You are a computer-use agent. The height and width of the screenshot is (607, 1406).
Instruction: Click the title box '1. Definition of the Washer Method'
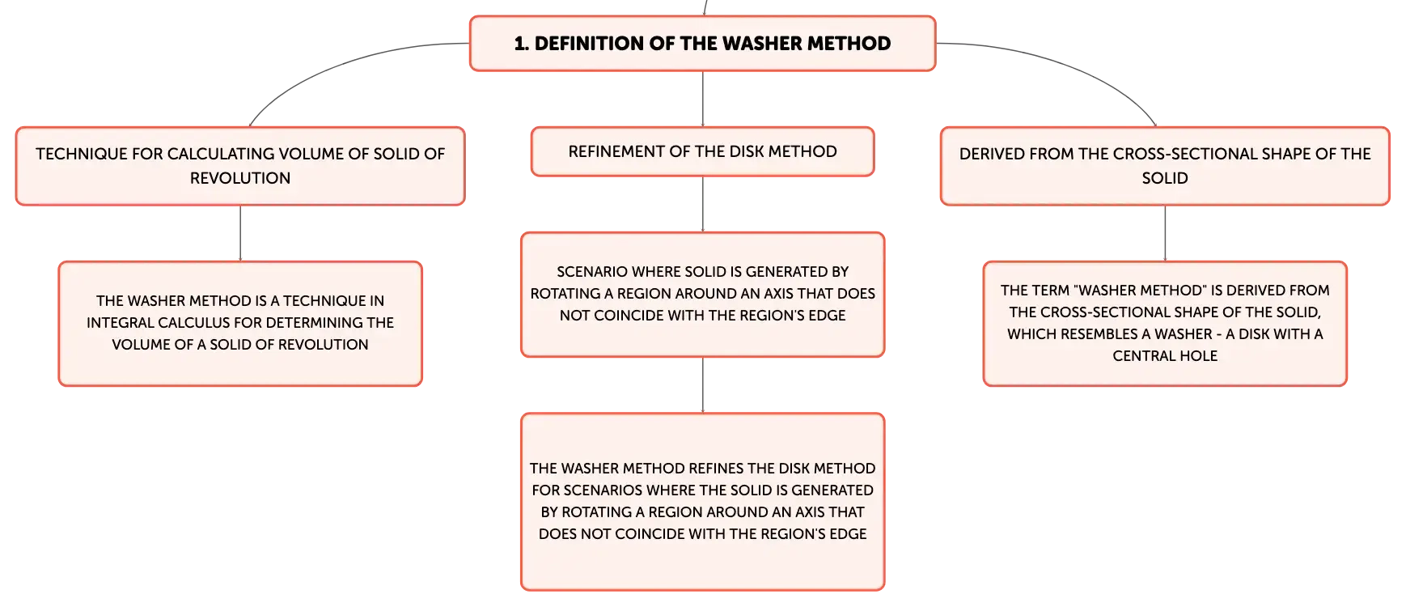coord(702,44)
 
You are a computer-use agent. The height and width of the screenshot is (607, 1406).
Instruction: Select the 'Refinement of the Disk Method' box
coord(702,151)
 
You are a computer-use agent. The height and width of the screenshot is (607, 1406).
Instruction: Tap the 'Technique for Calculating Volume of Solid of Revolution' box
coord(240,166)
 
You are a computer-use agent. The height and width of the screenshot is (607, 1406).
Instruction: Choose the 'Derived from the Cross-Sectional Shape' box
coord(1165,166)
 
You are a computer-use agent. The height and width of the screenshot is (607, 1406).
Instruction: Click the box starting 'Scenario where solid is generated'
coord(702,295)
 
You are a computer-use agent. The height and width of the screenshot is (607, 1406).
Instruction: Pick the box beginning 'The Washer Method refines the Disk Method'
coord(702,502)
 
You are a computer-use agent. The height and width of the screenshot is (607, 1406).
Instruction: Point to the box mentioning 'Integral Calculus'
coord(240,324)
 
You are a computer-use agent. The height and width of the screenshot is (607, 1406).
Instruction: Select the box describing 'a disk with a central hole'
coord(1165,324)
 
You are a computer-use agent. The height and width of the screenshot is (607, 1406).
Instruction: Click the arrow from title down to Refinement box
coord(702,99)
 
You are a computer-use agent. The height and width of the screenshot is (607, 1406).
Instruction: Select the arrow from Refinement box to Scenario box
coord(702,204)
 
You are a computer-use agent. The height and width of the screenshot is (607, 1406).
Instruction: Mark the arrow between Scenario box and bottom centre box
coord(702,385)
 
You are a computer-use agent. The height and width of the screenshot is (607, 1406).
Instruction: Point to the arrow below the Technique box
coord(240,233)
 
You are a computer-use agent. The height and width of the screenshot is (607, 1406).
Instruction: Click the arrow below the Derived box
coord(1165,233)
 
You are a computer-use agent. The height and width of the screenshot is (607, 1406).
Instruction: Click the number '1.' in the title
coord(522,44)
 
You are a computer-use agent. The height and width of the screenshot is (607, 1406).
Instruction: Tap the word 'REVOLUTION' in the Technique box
coord(240,178)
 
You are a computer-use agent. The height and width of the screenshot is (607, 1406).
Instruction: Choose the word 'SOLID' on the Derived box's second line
coord(1165,178)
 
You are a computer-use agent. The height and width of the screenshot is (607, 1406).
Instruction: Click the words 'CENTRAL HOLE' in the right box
coord(1165,356)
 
